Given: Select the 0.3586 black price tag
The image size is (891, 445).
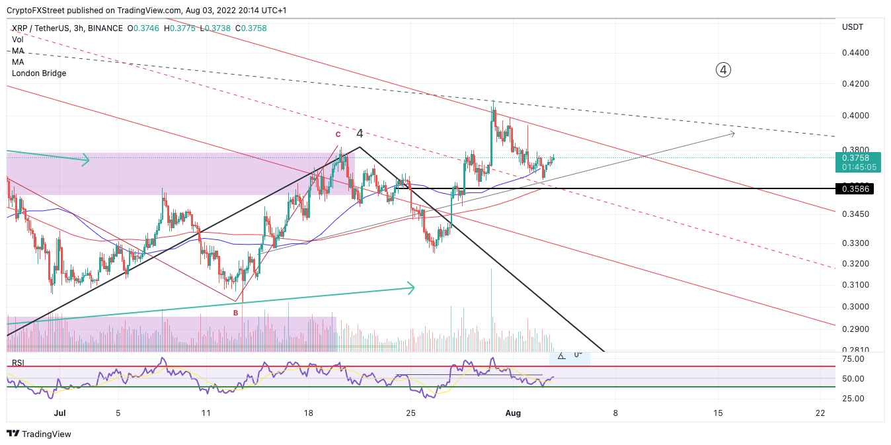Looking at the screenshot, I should tap(857, 189).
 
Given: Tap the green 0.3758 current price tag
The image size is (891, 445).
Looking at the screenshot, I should tap(857, 158).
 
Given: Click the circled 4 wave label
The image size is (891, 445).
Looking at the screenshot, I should tap(723, 69).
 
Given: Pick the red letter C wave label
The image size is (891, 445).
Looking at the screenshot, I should tap(338, 134).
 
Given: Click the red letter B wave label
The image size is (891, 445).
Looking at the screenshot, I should tap(235, 313).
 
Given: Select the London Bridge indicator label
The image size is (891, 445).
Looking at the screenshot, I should tap(39, 73).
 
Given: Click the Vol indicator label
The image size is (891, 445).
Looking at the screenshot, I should tap(17, 40).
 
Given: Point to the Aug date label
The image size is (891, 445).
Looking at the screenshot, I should tap(513, 413).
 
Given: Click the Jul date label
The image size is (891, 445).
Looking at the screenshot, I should tap(59, 413).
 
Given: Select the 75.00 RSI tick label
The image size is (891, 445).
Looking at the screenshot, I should tap(854, 359).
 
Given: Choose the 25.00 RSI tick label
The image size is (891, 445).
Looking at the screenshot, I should tap(854, 399).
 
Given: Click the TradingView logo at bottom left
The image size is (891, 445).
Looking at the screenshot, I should tap(39, 434).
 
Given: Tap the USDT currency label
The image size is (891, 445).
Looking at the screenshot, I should tap(853, 27).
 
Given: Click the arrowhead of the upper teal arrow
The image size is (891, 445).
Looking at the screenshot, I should tap(86, 159).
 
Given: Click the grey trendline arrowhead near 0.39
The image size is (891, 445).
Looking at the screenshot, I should tap(732, 134).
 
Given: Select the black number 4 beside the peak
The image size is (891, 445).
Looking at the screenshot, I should tap(360, 133).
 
